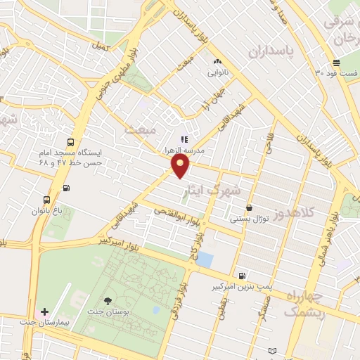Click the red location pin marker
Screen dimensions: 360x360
pos(181,166)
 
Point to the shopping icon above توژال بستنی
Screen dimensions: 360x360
pos(250,207)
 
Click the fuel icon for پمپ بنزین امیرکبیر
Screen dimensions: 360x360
pos(243,276)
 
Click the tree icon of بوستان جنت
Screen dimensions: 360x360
pos(108,301)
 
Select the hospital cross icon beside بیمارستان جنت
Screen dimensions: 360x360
pos(45,311)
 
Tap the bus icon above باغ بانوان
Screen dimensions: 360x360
pos(47,199)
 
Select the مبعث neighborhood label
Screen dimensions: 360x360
pos(139,129)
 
